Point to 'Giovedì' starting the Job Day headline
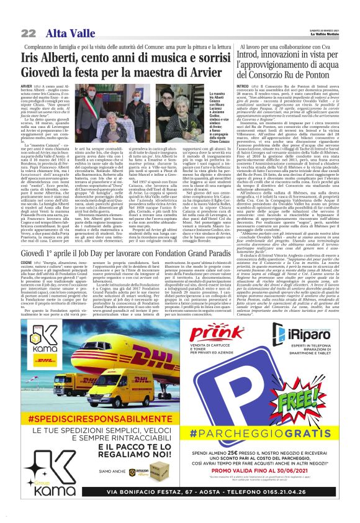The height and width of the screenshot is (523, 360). (x=35, y=237)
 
